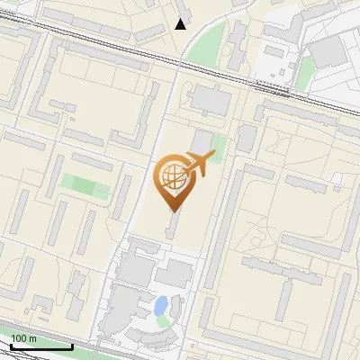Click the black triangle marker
(181, 24)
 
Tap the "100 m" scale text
(23, 338)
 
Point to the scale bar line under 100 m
(41, 346)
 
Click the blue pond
(161, 305)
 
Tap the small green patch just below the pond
(162, 320)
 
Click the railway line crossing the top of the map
(108, 51)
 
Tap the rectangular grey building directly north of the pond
(172, 275)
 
